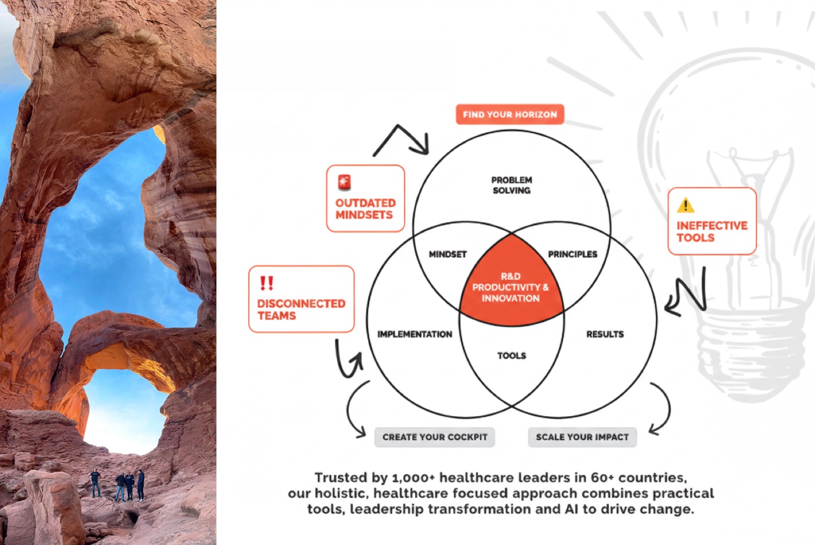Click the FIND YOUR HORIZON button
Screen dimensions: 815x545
(510, 115)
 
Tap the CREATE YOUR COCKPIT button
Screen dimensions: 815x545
(434, 437)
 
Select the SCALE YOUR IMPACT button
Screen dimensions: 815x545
(582, 437)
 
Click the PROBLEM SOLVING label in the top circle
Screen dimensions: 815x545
(511, 185)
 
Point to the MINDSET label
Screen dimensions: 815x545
(448, 254)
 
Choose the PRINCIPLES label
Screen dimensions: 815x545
(573, 254)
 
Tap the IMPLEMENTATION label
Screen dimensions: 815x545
(415, 334)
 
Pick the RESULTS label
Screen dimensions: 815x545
(605, 334)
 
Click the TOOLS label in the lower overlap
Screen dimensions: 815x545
(511, 356)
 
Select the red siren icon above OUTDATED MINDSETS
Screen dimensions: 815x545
(344, 182)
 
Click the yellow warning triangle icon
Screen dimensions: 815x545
(686, 205)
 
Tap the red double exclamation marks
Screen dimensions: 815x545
(267, 283)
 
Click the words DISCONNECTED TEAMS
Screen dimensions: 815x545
(301, 310)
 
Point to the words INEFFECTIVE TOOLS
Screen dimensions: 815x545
(712, 232)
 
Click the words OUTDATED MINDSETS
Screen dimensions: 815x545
(365, 209)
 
